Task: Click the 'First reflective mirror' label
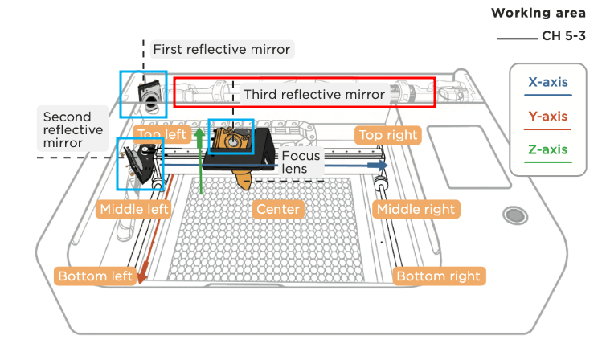pos(222,50)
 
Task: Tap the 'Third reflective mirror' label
pos(314,94)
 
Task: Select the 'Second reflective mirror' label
pos(73,129)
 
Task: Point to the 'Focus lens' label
pos(300,162)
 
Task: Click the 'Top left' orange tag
pos(162,134)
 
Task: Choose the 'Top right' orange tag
pos(388,135)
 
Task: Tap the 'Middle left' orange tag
pos(133,209)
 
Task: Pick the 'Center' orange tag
pos(278,209)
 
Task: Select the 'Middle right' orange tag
pos(416,209)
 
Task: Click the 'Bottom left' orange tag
pos(95,276)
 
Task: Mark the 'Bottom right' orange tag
pos(439,276)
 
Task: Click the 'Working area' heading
pos(538,13)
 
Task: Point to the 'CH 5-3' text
pos(563,36)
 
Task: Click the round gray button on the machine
pos(515,215)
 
